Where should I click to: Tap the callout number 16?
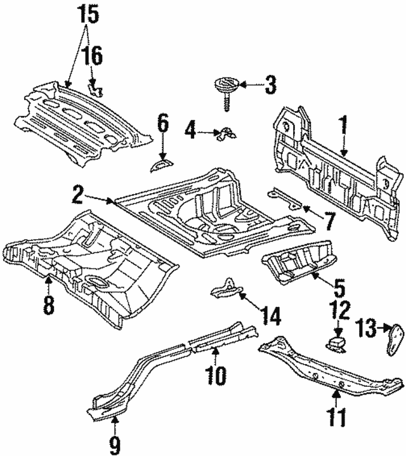tap(93, 56)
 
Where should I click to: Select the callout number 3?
tap(270, 84)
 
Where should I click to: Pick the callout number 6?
tap(163, 123)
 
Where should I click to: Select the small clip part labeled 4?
tap(225, 133)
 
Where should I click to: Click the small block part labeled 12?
tap(336, 343)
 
